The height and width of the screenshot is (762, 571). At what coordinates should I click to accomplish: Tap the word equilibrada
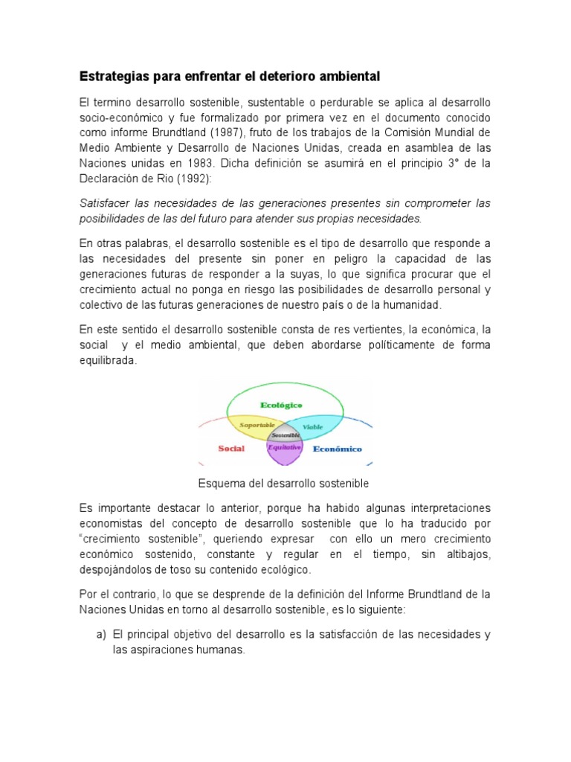pyautogui.click(x=109, y=361)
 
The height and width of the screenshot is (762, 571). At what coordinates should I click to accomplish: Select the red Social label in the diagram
pyautogui.click(x=231, y=449)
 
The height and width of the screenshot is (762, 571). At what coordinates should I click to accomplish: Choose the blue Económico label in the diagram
pyautogui.click(x=337, y=449)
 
